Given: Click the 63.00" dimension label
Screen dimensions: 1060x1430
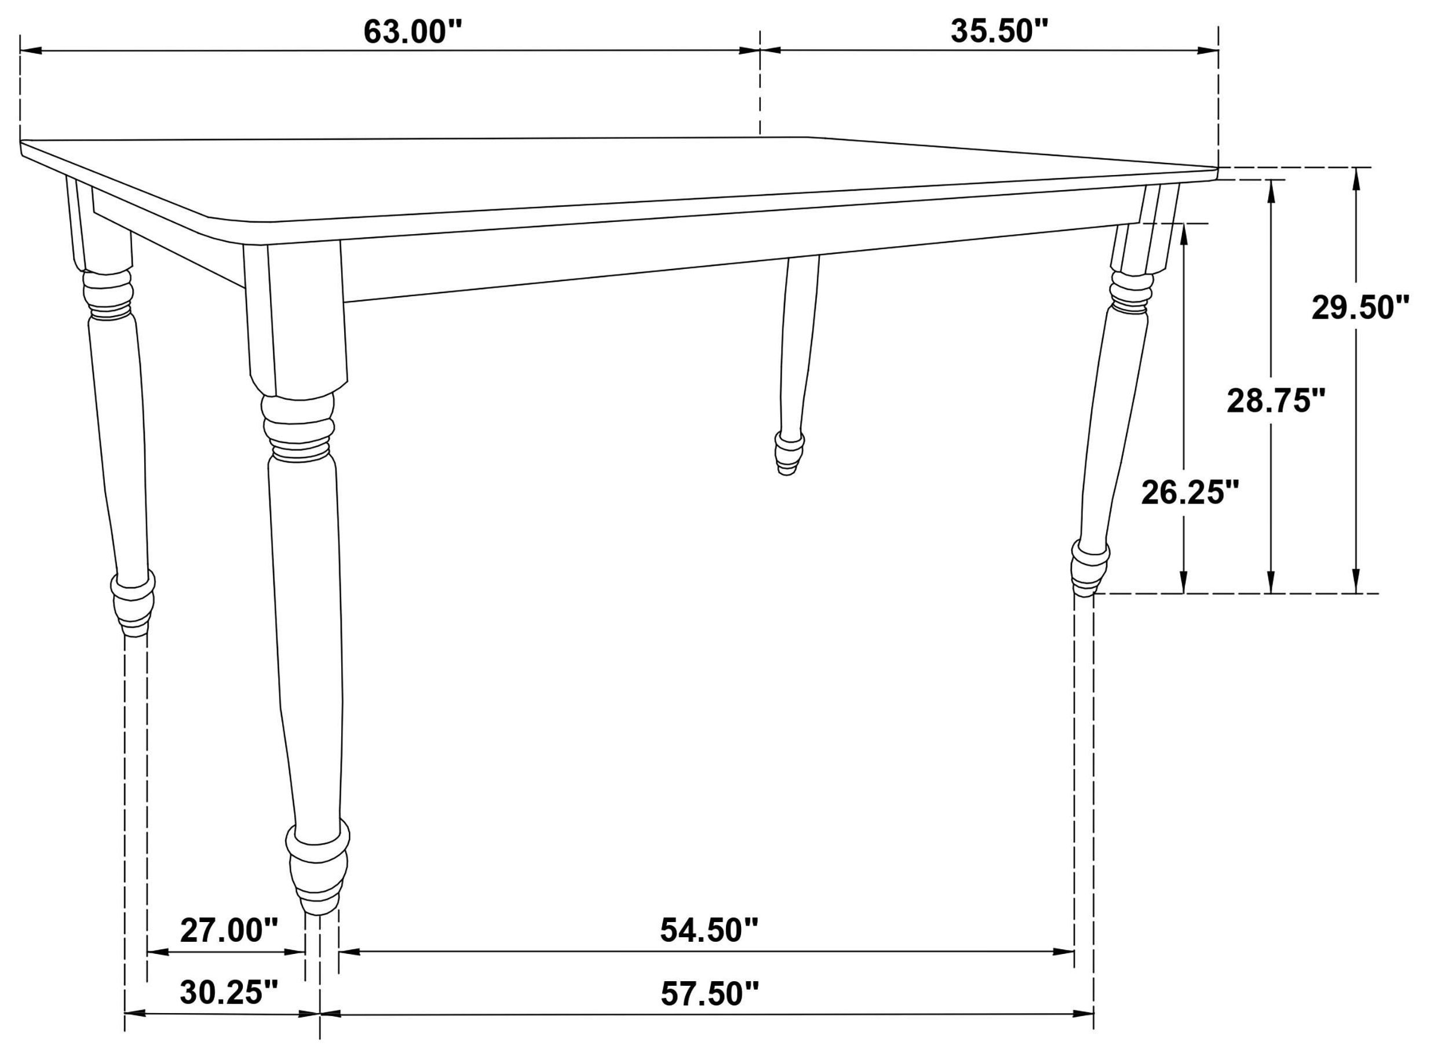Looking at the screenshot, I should pyautogui.click(x=413, y=32).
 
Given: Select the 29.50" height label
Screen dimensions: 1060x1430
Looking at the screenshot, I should pyautogui.click(x=1360, y=307).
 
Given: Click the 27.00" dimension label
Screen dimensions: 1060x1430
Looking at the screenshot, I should pyautogui.click(x=229, y=930).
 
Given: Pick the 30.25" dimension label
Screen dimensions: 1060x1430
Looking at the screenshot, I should pyautogui.click(x=229, y=992).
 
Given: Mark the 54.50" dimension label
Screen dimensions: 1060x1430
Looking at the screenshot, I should pyautogui.click(x=709, y=930).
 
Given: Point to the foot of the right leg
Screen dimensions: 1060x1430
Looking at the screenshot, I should pyautogui.click(x=1089, y=569).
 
